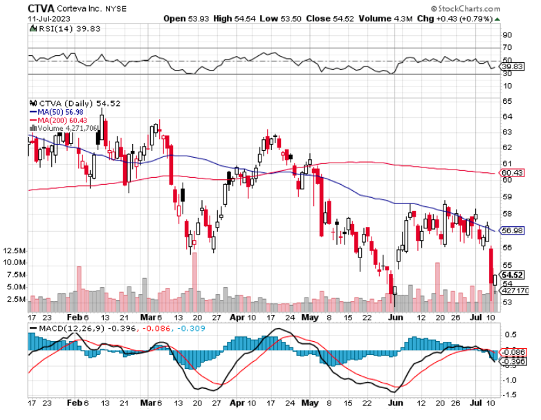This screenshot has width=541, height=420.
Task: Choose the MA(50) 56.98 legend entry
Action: pos(53,112)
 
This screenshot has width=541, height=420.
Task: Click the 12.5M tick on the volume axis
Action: pos(14,250)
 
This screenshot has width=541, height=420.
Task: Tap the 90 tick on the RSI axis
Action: pos(506,35)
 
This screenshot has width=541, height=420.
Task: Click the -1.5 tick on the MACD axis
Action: pos(508,394)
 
